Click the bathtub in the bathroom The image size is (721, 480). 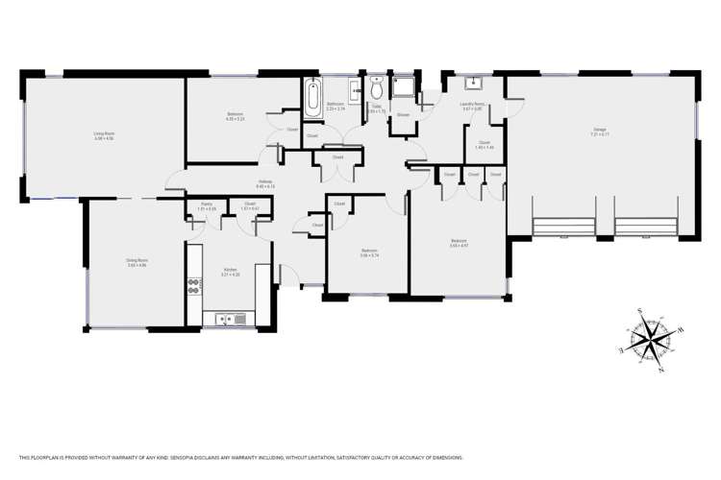[311, 98]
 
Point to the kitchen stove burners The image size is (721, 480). [192, 285]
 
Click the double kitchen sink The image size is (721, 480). [232, 319]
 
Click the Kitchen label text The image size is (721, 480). [231, 270]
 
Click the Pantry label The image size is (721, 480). [206, 204]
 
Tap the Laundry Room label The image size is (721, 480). [472, 107]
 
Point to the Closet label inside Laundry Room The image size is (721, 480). [484, 144]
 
